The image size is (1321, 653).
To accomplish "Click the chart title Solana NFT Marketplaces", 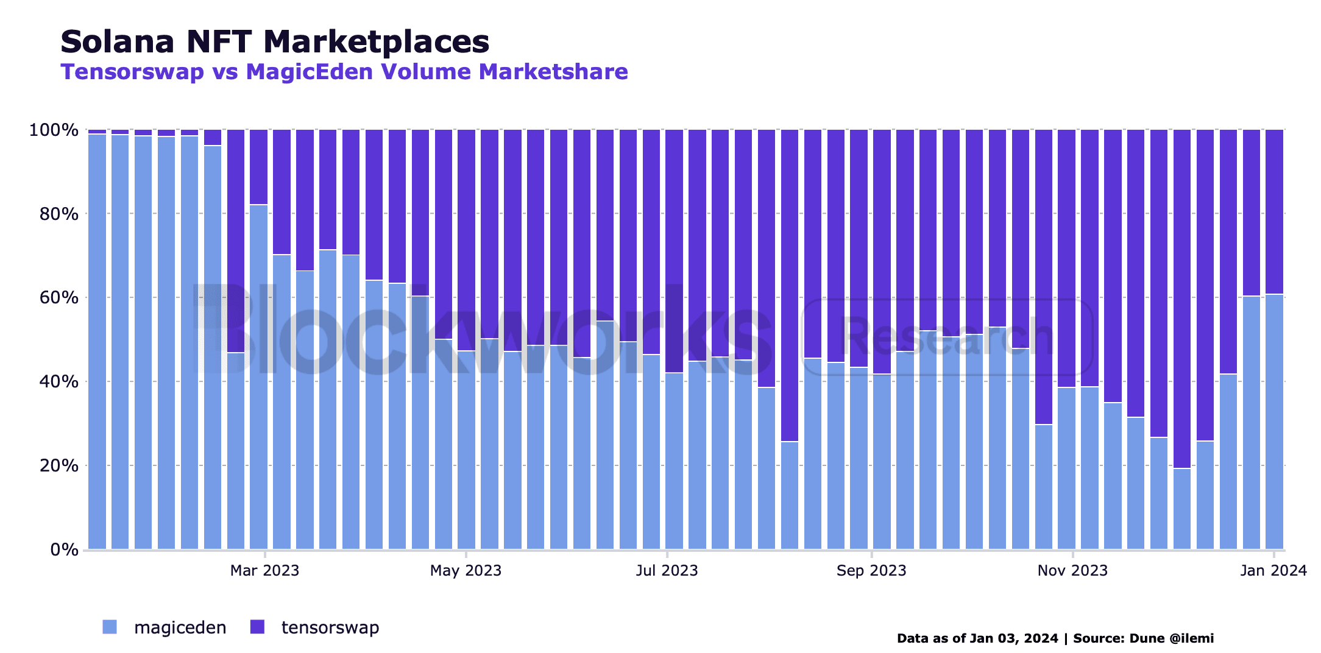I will [x=275, y=42].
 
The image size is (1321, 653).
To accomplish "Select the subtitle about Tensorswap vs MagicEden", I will [x=344, y=72].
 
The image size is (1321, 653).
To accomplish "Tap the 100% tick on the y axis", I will [x=54, y=130].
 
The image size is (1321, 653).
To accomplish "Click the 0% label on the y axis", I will [x=63, y=550].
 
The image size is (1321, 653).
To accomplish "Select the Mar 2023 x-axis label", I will [x=264, y=571].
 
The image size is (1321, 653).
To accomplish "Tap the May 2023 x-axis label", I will [x=466, y=571].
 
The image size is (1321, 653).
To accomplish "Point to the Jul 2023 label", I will [x=667, y=571].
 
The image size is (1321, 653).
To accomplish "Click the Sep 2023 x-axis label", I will [x=871, y=571].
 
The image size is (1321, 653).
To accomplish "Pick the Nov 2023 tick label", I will [x=1072, y=571].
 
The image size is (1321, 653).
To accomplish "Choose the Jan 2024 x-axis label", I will [x=1273, y=571].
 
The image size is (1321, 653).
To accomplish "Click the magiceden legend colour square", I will [x=110, y=627].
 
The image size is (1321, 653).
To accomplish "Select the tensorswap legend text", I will [x=330, y=627].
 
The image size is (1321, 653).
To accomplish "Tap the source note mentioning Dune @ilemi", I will [x=1055, y=638].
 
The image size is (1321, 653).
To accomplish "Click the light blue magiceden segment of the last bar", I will [x=1274, y=426].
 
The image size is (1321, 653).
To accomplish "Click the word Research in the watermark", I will [x=946, y=337].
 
